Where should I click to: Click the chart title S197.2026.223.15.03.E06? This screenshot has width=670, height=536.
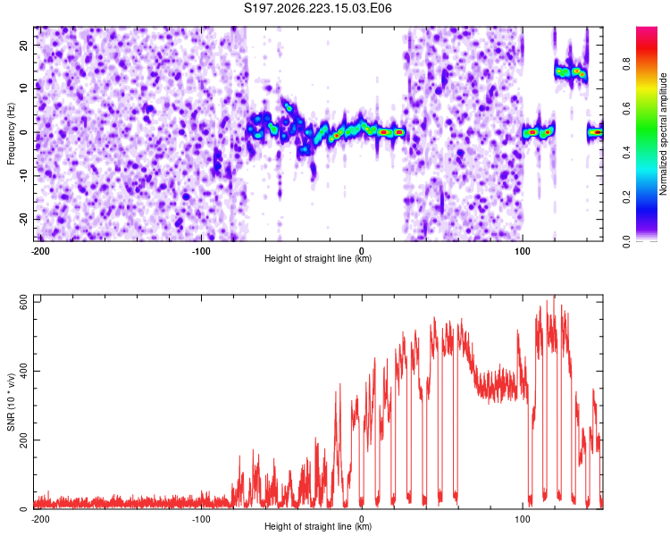[x=317, y=8]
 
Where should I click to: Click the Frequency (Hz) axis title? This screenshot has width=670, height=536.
[x=11, y=134]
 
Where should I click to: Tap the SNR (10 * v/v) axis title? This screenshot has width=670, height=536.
[x=11, y=402]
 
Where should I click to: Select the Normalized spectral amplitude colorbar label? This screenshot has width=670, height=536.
[x=663, y=134]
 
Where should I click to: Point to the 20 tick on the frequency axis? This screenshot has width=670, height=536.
[x=24, y=45]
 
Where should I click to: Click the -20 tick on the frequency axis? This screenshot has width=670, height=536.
[x=24, y=219]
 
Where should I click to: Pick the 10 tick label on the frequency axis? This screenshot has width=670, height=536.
[x=24, y=88]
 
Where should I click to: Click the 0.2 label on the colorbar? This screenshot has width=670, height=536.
[x=626, y=197]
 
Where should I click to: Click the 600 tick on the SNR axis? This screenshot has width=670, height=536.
[x=24, y=304]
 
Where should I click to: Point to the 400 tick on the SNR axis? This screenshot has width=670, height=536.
[x=24, y=371]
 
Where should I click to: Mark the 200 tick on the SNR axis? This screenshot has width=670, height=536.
[x=24, y=440]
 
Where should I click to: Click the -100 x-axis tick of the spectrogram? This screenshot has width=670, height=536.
[x=201, y=251]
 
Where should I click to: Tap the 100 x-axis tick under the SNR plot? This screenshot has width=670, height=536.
[x=523, y=519]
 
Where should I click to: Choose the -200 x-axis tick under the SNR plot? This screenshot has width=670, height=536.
[x=40, y=519]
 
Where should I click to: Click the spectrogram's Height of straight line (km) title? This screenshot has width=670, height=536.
[x=318, y=258]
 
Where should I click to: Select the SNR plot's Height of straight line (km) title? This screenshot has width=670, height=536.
[x=318, y=526]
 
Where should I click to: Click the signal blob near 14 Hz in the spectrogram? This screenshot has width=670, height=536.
[x=571, y=72]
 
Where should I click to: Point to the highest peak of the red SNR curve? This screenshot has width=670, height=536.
[x=554, y=296]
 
